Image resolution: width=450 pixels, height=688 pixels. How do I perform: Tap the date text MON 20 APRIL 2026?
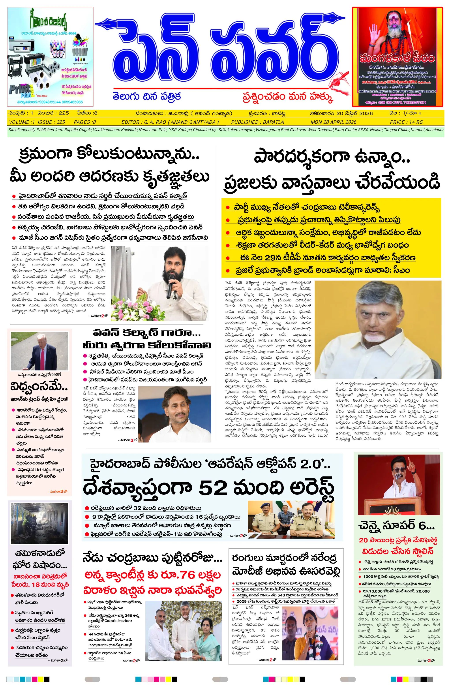tap(333, 122)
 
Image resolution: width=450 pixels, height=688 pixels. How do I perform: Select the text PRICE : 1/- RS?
tap(406, 122)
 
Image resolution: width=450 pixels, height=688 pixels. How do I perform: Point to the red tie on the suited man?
tap(43, 358)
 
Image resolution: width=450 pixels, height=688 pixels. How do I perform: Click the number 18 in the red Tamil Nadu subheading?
tap(36, 584)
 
